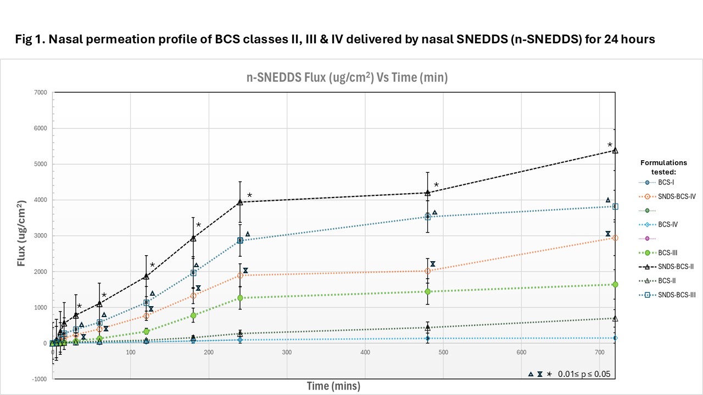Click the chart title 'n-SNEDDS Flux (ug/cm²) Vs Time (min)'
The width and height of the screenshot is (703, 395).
click(347, 78)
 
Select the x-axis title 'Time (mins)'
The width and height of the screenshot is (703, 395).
click(333, 386)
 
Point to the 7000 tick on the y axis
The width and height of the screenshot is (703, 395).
click(40, 92)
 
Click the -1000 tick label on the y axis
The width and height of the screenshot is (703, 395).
click(39, 379)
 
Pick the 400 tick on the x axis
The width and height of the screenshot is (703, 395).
click(365, 352)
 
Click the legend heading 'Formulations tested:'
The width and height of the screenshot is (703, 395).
click(663, 167)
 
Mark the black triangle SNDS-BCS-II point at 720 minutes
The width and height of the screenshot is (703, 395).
click(615, 150)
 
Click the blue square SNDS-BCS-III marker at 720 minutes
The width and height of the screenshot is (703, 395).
click(615, 206)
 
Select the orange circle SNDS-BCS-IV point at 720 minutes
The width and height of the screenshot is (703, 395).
click(615, 238)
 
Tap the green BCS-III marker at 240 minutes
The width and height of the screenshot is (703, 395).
click(240, 298)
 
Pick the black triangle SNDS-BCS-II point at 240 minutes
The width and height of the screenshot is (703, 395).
click(240, 202)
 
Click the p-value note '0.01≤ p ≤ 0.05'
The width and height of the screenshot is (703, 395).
click(584, 374)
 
